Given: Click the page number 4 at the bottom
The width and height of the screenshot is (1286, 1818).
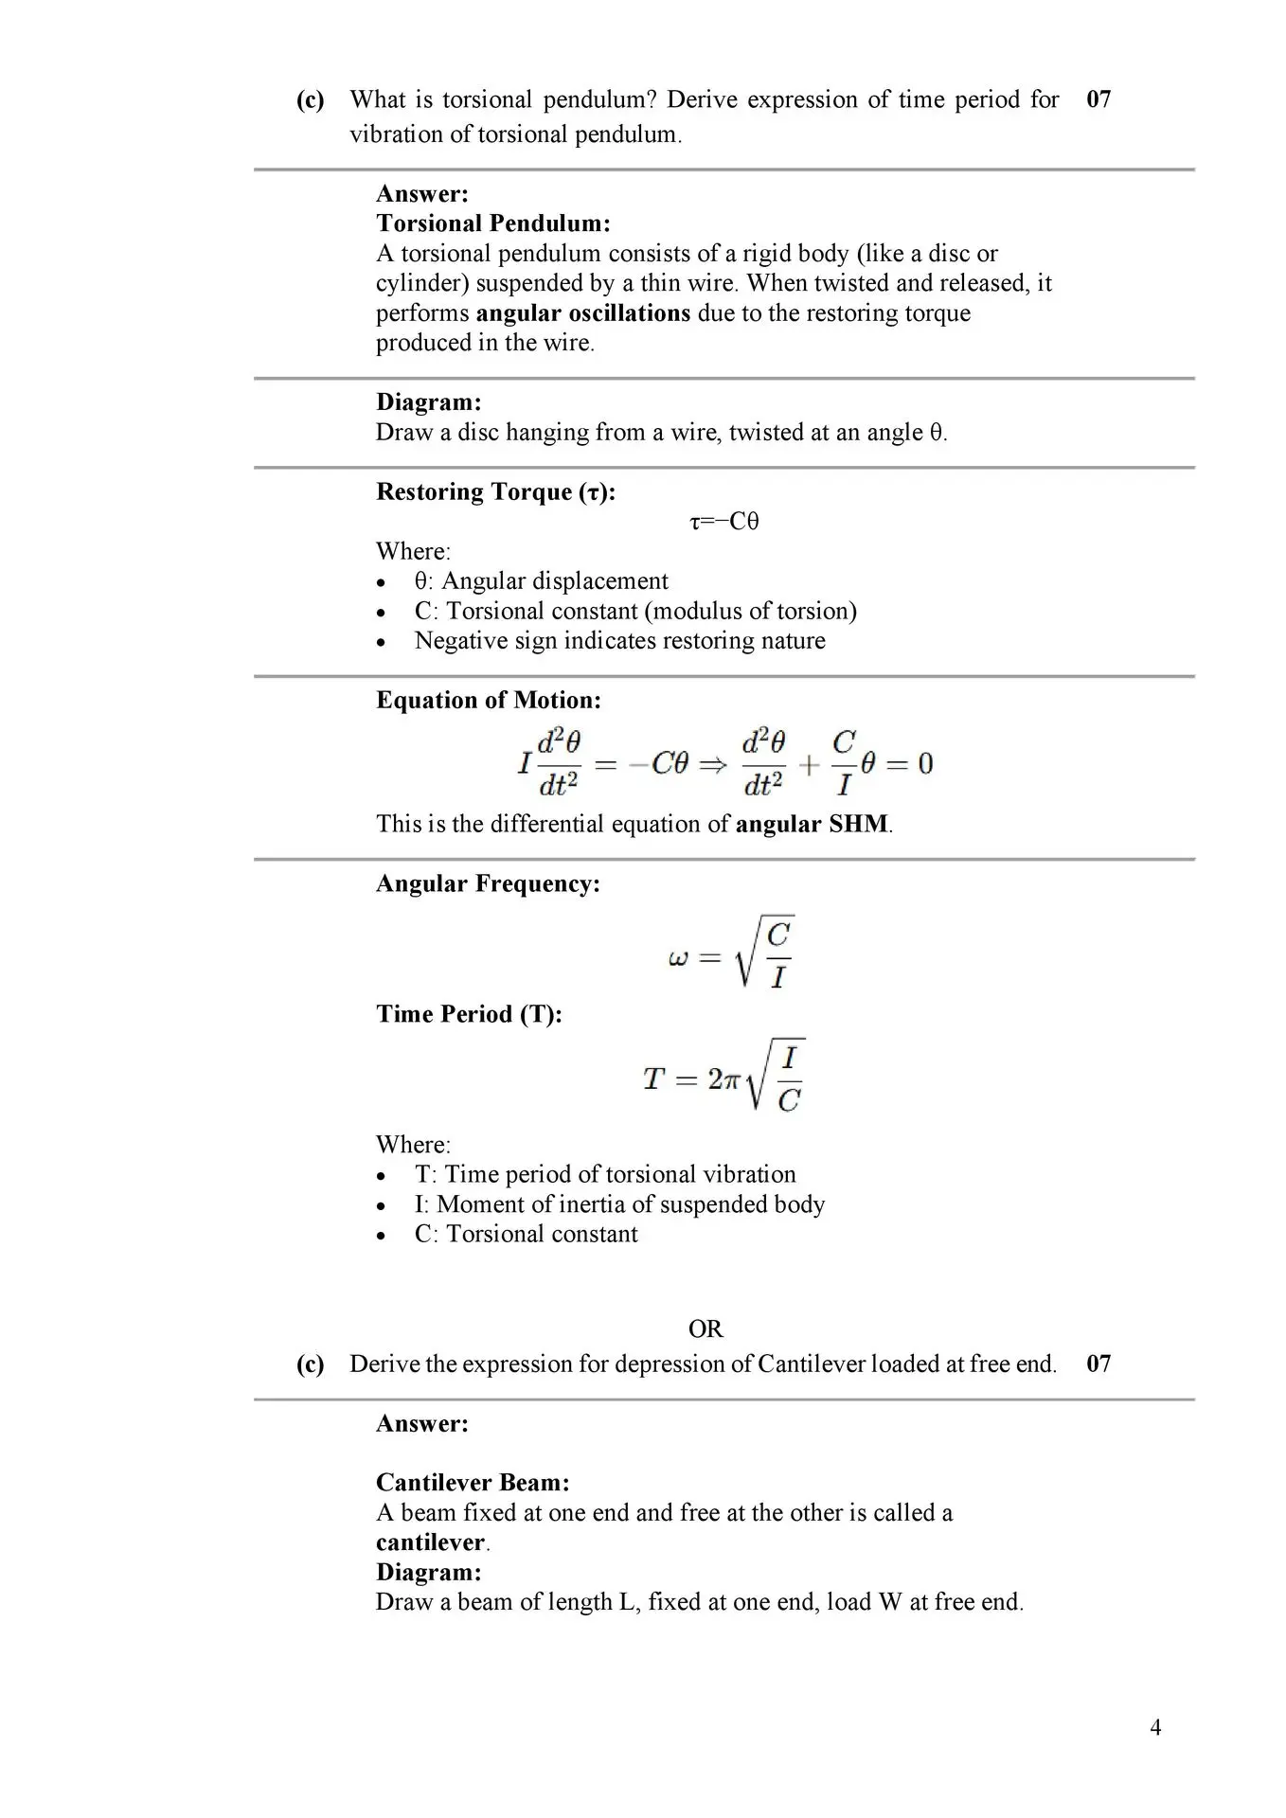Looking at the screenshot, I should [x=1155, y=1727].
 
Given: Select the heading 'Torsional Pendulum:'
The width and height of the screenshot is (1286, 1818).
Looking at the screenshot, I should [x=492, y=223].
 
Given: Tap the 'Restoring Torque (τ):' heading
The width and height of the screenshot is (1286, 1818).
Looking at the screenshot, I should [x=495, y=491].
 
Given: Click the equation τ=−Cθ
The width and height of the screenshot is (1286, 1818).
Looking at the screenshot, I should [x=724, y=522].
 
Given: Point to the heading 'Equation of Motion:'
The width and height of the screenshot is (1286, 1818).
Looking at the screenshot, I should [x=488, y=700].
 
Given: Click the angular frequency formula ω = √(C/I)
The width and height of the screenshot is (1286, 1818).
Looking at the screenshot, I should [x=731, y=954].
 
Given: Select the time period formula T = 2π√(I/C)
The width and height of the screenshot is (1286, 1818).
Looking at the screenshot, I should [x=724, y=1077].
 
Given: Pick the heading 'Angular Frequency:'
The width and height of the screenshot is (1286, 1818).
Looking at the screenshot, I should [x=488, y=883].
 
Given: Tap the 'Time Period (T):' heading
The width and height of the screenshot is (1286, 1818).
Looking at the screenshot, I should [x=469, y=1014].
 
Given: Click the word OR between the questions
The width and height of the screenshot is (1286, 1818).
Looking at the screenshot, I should [x=706, y=1329].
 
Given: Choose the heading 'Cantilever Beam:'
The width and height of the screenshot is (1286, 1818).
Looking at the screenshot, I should [x=473, y=1483].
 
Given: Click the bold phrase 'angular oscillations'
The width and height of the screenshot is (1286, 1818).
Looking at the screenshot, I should [x=582, y=313].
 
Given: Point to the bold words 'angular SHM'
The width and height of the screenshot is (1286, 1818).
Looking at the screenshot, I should [x=812, y=824].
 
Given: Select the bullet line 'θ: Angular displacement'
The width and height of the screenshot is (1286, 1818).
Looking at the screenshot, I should [x=541, y=580].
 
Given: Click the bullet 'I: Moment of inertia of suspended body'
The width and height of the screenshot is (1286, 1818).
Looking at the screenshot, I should [x=619, y=1204].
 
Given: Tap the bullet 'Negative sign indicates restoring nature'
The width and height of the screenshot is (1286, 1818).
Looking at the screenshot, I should [x=619, y=641].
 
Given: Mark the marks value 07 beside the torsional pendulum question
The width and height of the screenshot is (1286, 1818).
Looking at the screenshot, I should [x=1098, y=99].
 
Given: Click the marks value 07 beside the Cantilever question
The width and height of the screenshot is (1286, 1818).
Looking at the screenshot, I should [x=1098, y=1363].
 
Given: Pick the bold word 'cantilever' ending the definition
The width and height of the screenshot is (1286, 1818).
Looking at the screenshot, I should [x=430, y=1542].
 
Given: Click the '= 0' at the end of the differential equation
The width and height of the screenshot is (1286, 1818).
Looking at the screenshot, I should [x=914, y=763].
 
